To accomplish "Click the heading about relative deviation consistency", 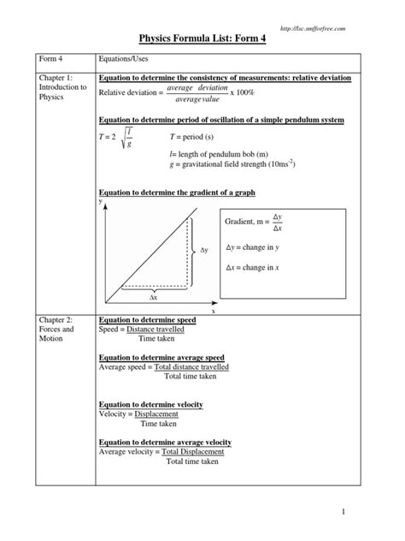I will click(224, 79).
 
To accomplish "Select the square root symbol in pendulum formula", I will click(138, 140).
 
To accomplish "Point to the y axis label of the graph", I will click(101, 200).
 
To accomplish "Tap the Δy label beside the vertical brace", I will click(204, 251).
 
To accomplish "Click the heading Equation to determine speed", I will click(147, 319).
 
